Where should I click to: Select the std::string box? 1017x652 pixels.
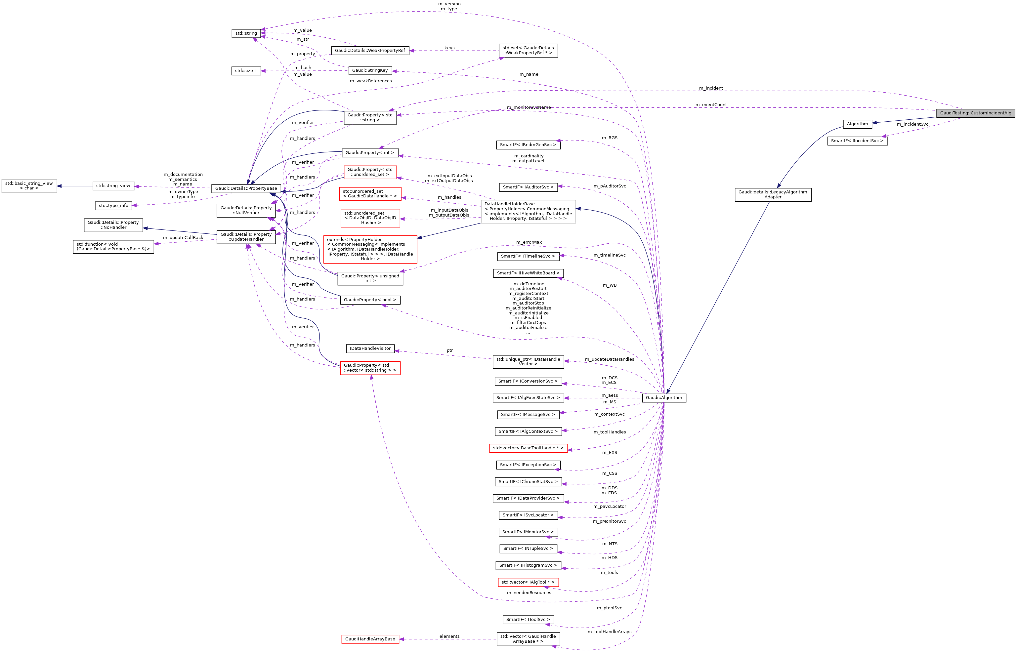point(246,33)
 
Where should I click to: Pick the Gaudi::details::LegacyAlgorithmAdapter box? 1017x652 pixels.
point(772,195)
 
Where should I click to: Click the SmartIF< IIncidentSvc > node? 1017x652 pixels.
point(857,141)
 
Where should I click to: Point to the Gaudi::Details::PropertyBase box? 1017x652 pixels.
point(246,188)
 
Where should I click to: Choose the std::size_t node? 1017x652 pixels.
point(246,71)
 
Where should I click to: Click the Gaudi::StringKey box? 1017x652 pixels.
point(370,71)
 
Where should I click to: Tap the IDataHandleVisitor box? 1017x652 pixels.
point(370,348)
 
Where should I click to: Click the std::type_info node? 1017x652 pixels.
point(113,206)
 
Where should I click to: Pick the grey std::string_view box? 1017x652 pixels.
point(113,186)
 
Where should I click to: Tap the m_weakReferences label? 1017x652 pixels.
point(370,81)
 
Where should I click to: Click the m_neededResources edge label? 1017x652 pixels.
point(529,593)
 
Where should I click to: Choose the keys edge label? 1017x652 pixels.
point(449,48)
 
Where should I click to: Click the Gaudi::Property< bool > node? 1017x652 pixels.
point(370,300)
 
